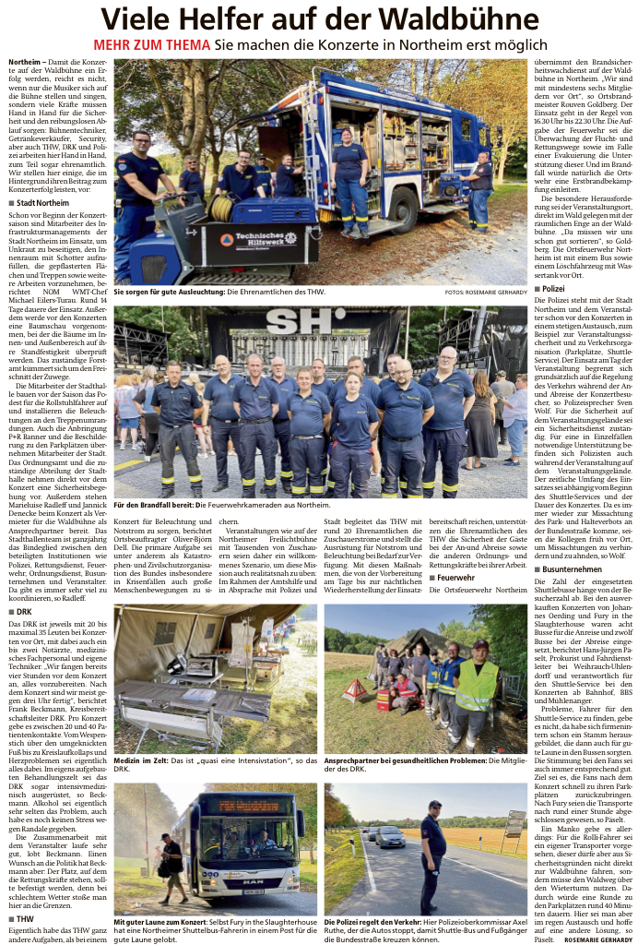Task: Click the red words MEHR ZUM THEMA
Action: [x=151, y=45]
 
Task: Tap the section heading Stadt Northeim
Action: [x=42, y=203]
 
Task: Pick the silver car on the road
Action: [x=389, y=838]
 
